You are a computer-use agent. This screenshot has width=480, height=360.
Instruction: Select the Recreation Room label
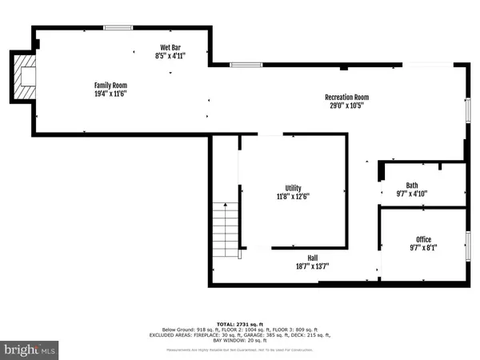click(x=347, y=98)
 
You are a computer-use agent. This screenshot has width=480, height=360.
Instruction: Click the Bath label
click(x=412, y=184)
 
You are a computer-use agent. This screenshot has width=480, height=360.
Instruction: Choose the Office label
click(x=423, y=239)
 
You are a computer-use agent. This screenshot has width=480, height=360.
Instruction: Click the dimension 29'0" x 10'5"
click(x=347, y=106)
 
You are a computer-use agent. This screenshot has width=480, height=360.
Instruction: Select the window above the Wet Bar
click(x=118, y=28)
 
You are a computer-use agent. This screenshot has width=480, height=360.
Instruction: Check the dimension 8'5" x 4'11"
click(x=169, y=57)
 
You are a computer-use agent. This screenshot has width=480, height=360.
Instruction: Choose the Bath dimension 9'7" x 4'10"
click(x=412, y=193)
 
